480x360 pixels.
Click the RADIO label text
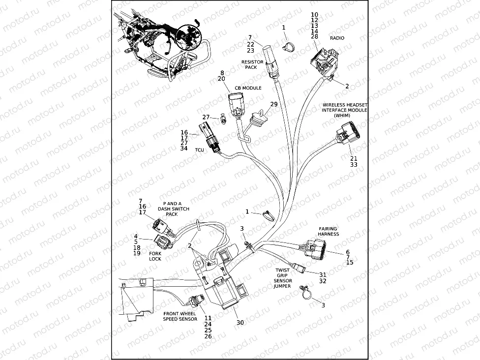pos(337,38)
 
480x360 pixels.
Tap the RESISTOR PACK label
pos(252,65)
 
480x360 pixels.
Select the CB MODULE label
pos(247,88)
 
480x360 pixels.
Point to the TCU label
pos(199,150)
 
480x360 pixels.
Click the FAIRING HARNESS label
pos(328,231)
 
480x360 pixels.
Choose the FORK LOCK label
pos(155,256)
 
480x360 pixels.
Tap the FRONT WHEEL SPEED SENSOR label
pos(180,316)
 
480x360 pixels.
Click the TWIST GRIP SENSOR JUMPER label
pos(282,278)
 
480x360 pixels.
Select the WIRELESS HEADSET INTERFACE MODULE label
pos(345,110)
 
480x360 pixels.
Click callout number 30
pos(240,323)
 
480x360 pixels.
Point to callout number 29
pos(274,104)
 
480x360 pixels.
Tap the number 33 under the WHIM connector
pos(354,165)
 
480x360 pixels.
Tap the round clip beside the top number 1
pos(289,47)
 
